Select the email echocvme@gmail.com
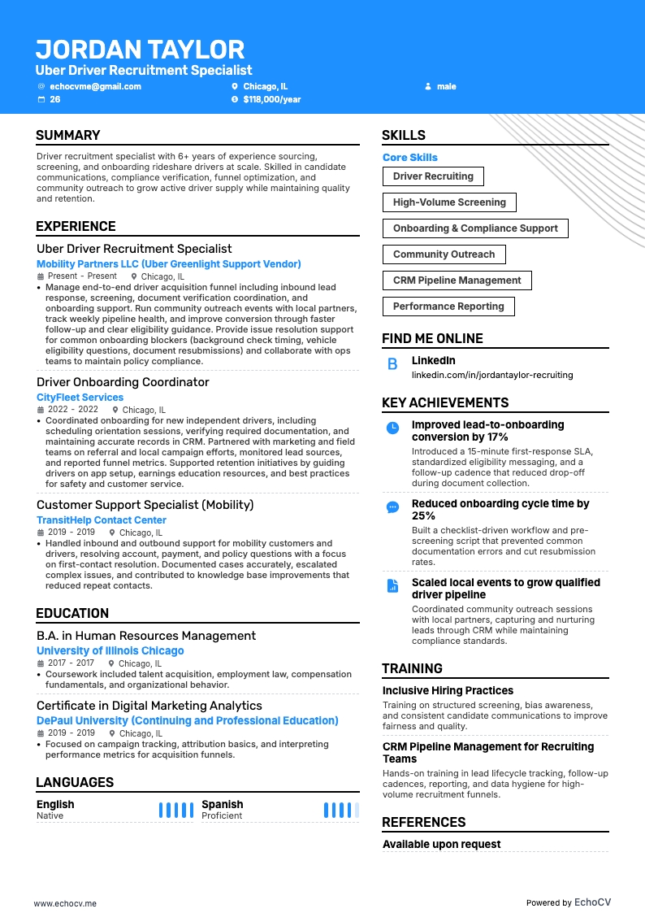click(x=95, y=86)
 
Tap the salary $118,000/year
click(x=271, y=99)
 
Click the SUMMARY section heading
click(x=68, y=135)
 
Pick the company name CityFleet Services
click(x=80, y=398)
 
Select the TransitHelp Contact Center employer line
click(x=102, y=520)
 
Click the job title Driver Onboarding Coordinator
click(x=123, y=382)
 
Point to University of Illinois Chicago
click(x=110, y=650)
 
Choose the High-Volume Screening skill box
click(x=449, y=202)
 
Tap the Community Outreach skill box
click(x=444, y=254)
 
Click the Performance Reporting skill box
click(x=448, y=307)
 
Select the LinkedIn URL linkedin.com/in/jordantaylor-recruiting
click(x=492, y=375)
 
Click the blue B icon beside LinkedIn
click(x=392, y=365)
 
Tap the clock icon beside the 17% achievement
click(x=392, y=428)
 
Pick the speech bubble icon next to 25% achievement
click(x=392, y=506)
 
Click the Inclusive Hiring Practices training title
click(x=448, y=690)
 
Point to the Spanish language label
click(x=222, y=804)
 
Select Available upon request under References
click(x=441, y=844)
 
